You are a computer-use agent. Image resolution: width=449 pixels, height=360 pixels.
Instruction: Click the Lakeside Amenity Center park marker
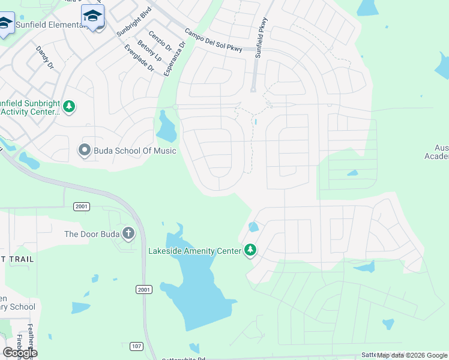click(250, 250)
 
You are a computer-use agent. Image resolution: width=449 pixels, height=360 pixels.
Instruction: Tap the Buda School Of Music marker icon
click(85, 150)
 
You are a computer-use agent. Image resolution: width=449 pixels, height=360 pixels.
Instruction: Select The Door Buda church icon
click(128, 233)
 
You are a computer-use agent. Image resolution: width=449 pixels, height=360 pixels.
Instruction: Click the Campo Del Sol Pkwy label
click(213, 41)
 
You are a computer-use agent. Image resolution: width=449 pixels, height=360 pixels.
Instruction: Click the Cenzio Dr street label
click(160, 41)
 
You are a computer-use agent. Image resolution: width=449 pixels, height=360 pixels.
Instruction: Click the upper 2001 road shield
click(82, 206)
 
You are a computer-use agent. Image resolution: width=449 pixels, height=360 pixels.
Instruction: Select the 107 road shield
click(136, 346)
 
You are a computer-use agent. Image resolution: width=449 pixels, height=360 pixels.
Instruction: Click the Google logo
click(20, 353)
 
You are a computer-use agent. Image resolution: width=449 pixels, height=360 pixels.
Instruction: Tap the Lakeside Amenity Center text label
click(194, 250)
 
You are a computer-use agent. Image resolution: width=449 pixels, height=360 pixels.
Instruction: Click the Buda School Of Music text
click(135, 151)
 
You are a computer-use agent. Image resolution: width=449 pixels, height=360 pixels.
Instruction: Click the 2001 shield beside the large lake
click(144, 289)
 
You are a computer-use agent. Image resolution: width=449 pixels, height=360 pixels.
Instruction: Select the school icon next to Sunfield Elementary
click(92, 16)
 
